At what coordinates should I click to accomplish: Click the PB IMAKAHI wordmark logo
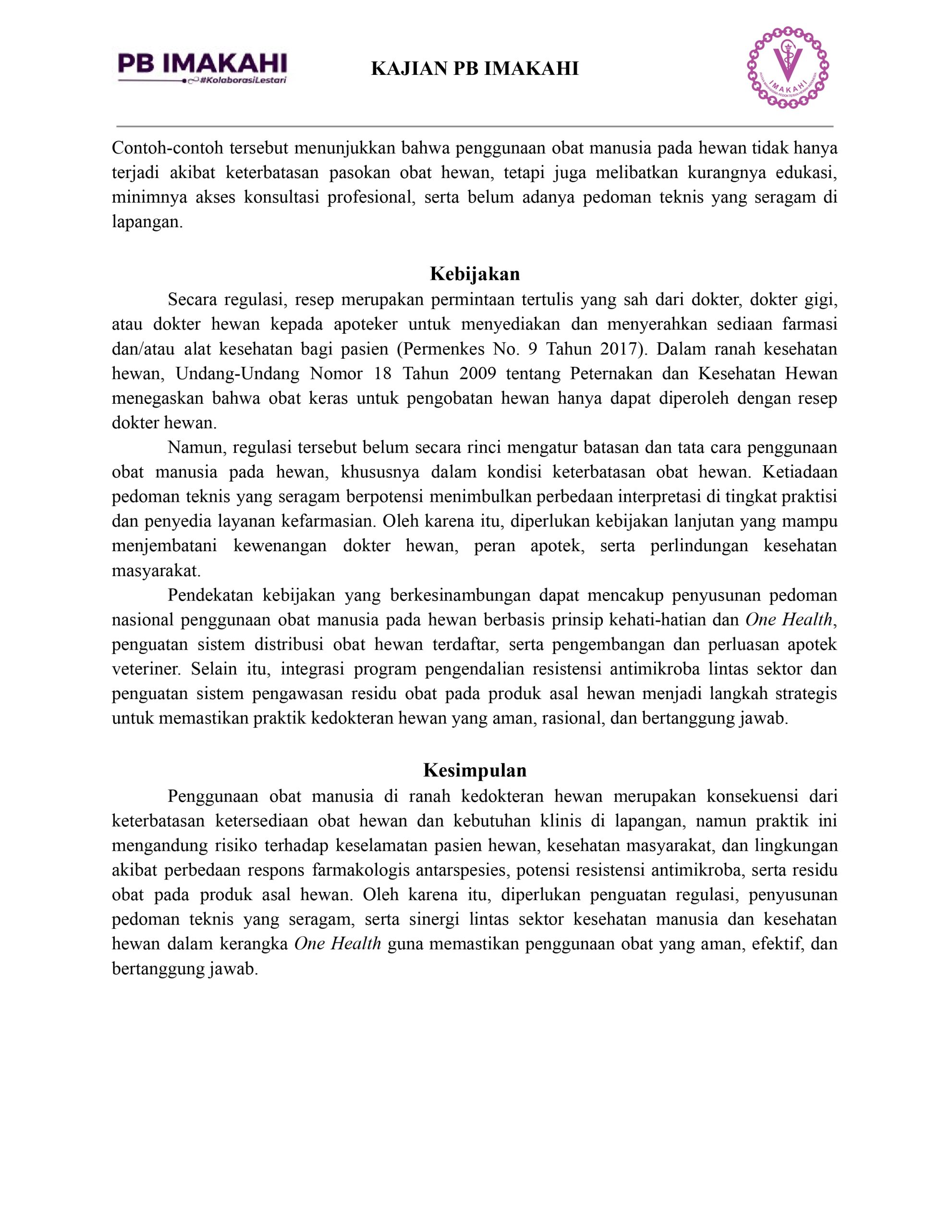click(x=202, y=63)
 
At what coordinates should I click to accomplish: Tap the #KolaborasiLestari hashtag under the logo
click(x=244, y=81)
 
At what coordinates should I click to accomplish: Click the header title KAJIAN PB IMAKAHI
click(x=475, y=69)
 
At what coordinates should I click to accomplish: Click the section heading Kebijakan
click(x=475, y=274)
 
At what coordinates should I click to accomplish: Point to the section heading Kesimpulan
click(x=475, y=770)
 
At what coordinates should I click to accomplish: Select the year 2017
click(x=619, y=349)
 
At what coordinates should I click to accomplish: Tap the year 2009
click(x=477, y=374)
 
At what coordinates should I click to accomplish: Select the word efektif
click(x=772, y=944)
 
